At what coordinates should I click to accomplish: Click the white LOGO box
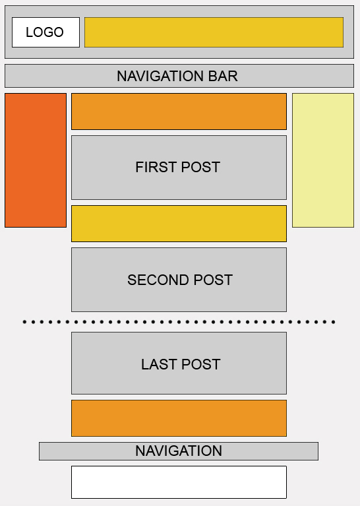[x=45, y=32]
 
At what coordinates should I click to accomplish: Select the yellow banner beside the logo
[x=214, y=32]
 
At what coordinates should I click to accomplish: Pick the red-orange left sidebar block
[x=36, y=160]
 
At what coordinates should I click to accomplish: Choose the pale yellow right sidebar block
[x=323, y=160]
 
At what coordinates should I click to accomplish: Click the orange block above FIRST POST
[x=179, y=111]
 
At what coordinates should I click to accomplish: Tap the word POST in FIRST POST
[x=200, y=167]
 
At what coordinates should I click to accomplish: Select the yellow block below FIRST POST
[x=179, y=224]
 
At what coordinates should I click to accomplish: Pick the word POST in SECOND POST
[x=213, y=280]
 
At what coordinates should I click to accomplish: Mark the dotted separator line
[x=179, y=322]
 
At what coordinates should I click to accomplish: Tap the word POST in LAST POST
[x=200, y=364]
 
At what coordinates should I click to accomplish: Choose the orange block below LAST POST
[x=179, y=418]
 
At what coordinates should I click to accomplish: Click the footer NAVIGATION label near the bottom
[x=179, y=451]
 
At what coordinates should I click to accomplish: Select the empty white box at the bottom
[x=179, y=482]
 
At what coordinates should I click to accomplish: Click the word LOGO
[x=45, y=32]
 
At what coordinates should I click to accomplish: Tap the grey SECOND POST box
[x=179, y=280]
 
